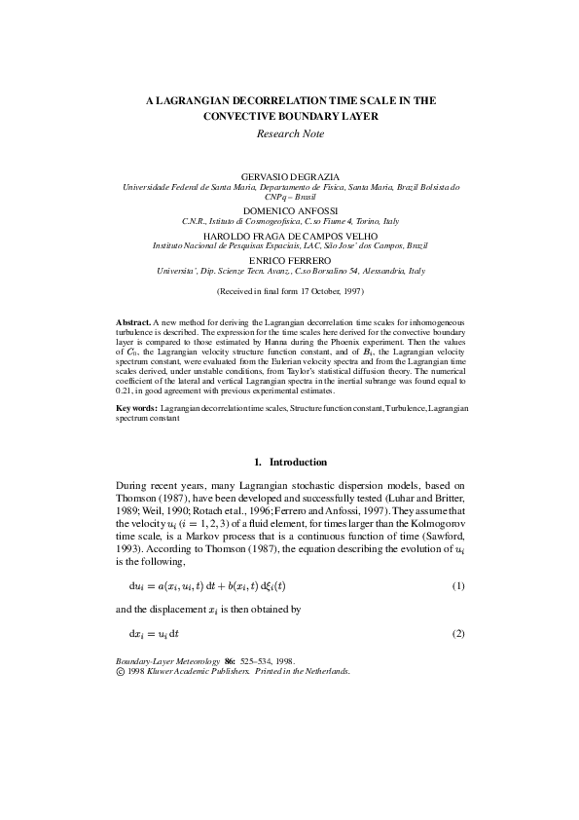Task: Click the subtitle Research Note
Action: click(x=290, y=133)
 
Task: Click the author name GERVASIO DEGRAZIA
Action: click(x=290, y=175)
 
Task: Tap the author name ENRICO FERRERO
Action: click(x=290, y=261)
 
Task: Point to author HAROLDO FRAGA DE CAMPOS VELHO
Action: click(x=290, y=236)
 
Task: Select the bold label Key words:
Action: click(x=136, y=409)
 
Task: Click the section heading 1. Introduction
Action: click(x=290, y=462)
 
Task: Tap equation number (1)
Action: click(x=458, y=560)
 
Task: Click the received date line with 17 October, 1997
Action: click(x=290, y=291)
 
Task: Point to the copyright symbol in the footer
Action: click(x=121, y=671)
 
